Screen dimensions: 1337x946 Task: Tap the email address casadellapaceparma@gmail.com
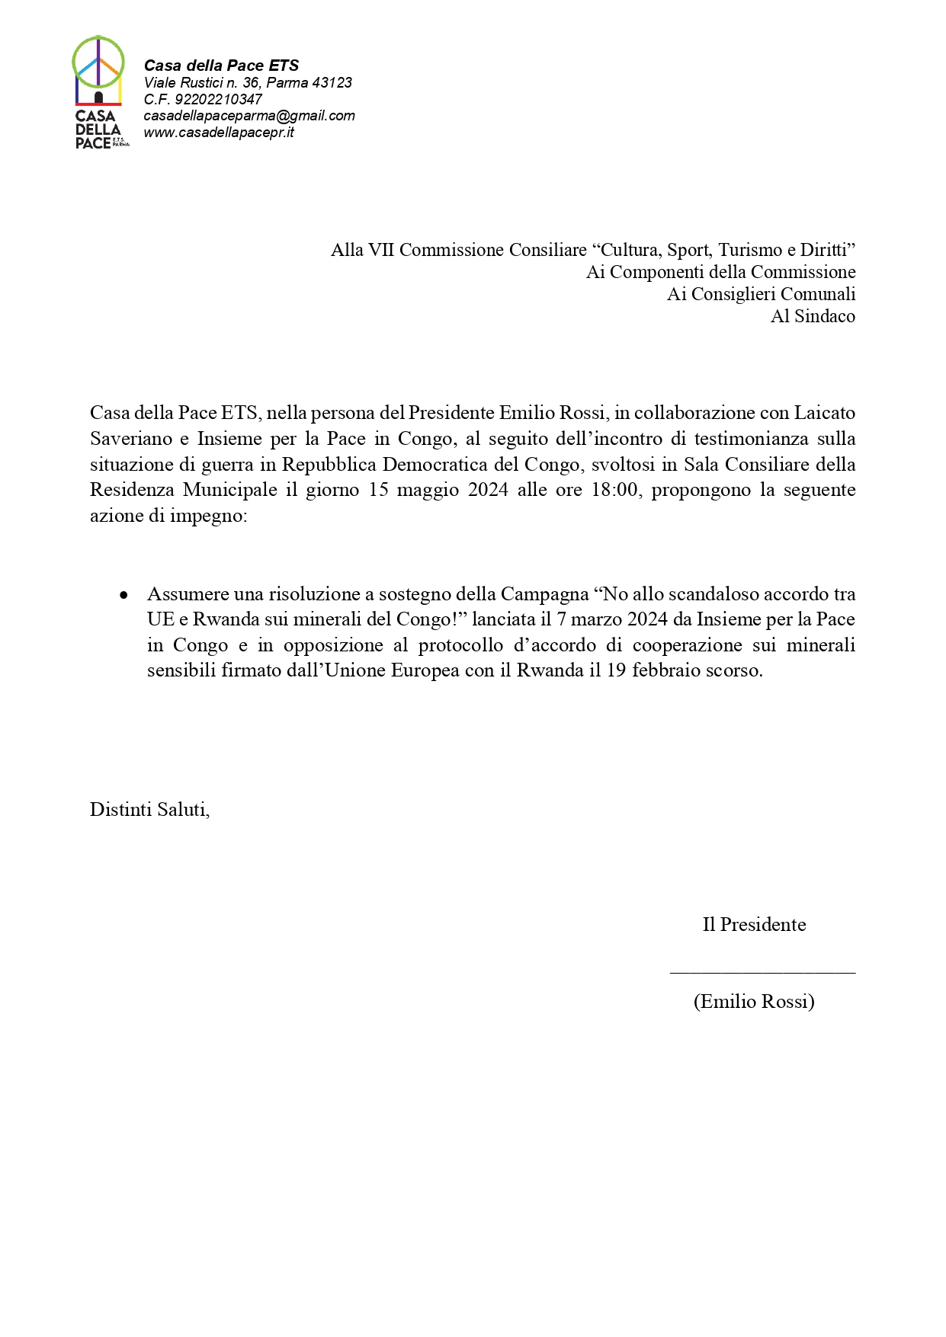[249, 116]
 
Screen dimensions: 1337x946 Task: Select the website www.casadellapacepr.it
[219, 133]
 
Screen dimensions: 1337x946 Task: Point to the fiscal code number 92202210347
[219, 99]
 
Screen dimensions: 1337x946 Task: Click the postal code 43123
[332, 82]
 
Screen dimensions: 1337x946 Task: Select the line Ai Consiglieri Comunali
[761, 294]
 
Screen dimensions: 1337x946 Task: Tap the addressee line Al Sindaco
[813, 316]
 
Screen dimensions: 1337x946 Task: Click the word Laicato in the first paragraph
[825, 413]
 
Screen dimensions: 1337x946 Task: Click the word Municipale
[230, 490]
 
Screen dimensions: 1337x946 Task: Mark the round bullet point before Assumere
[123, 595]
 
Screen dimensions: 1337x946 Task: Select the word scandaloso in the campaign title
[713, 594]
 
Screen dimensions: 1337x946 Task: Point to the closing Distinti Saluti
[149, 810]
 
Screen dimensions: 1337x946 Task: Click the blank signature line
[762, 972]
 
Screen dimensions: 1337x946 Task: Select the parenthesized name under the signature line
[754, 1001]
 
